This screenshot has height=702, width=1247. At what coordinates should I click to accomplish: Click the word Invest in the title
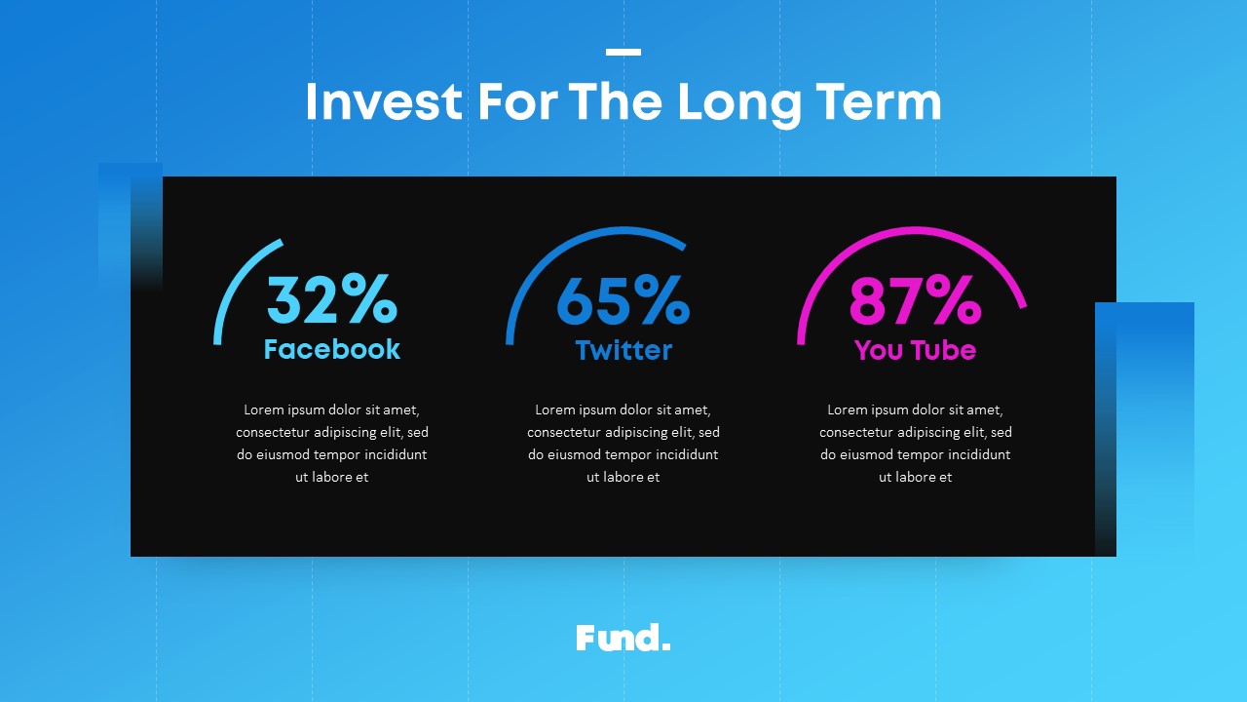point(384,101)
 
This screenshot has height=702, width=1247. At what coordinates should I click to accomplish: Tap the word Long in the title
point(738,104)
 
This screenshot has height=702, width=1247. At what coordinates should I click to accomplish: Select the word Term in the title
point(879,101)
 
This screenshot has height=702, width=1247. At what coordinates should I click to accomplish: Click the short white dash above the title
point(623,52)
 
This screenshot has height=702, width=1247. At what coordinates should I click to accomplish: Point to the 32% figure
point(332,298)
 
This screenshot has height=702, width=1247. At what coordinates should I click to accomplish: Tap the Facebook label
point(332,349)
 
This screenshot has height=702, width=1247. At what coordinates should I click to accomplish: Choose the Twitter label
point(623,350)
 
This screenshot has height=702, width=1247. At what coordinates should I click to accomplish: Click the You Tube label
point(915,350)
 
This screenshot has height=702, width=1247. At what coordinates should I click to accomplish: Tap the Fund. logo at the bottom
point(623,639)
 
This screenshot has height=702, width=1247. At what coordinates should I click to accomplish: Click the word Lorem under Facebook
point(263,410)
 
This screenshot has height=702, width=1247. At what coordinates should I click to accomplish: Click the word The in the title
point(615,101)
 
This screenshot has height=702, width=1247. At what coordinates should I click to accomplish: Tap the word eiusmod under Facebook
point(283,454)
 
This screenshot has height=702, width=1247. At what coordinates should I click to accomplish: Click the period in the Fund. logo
point(665,646)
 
